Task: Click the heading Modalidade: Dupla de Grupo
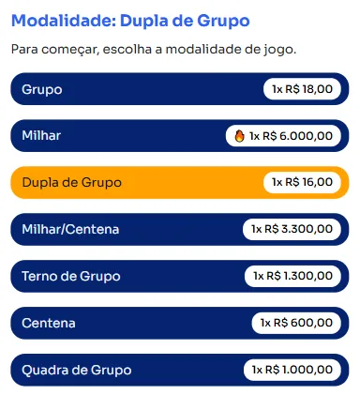tap(131, 20)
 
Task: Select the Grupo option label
tap(41, 89)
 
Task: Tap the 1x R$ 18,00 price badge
tap(302, 89)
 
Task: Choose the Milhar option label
tap(41, 136)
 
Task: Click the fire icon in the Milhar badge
tap(239, 136)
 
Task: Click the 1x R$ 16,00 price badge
tap(302, 182)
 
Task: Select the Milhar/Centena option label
tap(70, 229)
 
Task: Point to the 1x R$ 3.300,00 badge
tap(292, 229)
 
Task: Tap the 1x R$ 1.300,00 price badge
tap(292, 276)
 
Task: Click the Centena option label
tap(49, 323)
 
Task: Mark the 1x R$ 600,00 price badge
tap(297, 323)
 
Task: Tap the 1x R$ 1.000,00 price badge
tap(292, 370)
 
